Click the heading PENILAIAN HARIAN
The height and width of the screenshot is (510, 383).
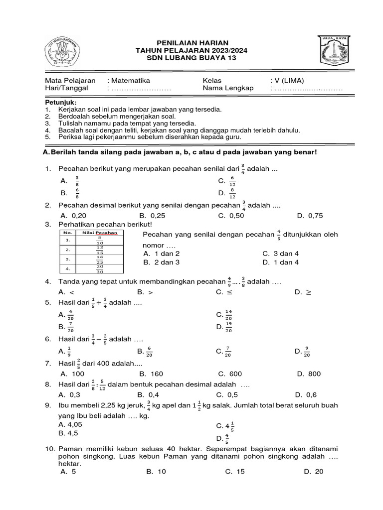pyautogui.click(x=192, y=43)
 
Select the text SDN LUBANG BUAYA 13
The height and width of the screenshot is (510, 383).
pyautogui.click(x=192, y=58)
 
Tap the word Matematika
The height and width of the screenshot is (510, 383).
pyautogui.click(x=130, y=80)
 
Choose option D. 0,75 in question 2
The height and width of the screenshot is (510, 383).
pyautogui.click(x=310, y=216)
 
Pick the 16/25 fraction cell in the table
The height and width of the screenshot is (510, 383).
pyautogui.click(x=100, y=259)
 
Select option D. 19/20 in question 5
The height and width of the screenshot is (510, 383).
pyautogui.click(x=225, y=327)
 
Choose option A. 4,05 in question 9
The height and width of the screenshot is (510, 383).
pyautogui.click(x=70, y=424)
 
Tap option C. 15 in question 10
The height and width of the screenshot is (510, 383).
pyautogui.click(x=235, y=471)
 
